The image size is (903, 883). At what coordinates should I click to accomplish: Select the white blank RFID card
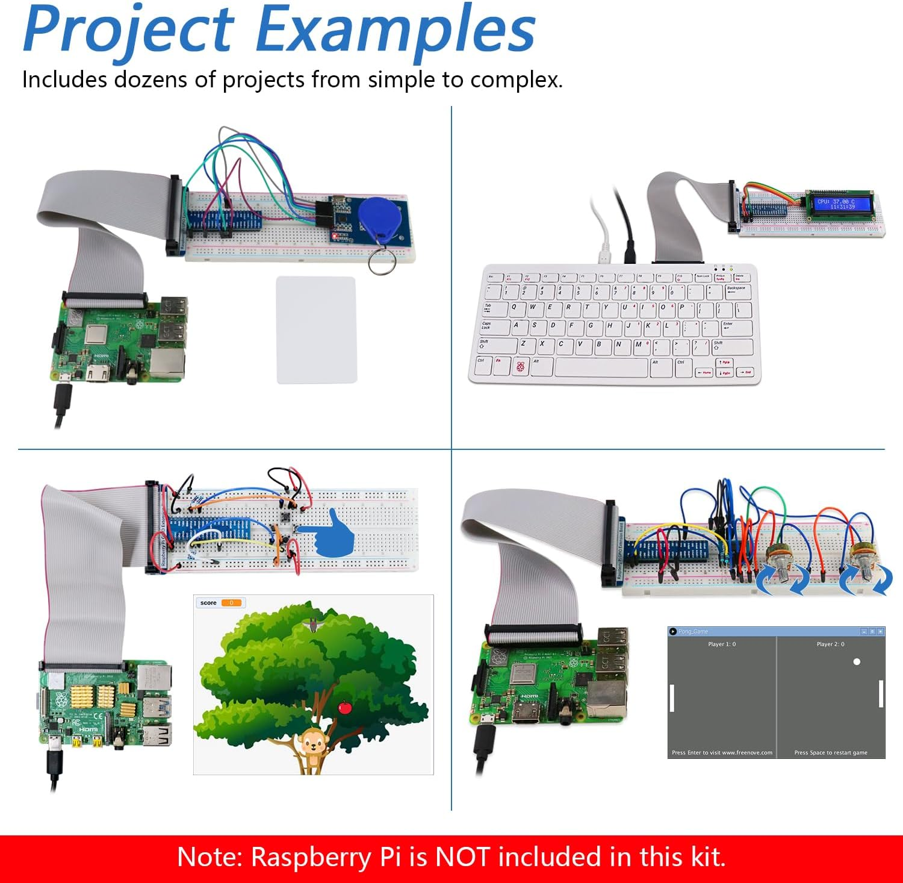[x=316, y=329]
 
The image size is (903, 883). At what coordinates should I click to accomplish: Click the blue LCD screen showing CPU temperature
[x=837, y=204]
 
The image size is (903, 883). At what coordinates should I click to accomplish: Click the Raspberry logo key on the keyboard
[x=520, y=366]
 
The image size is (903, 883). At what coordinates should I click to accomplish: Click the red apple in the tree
[x=345, y=707]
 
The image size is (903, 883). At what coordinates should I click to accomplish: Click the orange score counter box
[x=231, y=603]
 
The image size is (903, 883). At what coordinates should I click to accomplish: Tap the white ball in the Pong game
[x=857, y=661]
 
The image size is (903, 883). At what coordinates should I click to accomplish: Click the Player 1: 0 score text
[x=722, y=644]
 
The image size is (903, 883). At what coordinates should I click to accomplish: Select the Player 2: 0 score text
[x=830, y=644]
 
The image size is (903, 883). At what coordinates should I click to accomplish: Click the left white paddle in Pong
[x=672, y=697]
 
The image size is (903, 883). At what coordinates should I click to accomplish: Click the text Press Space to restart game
[x=831, y=753]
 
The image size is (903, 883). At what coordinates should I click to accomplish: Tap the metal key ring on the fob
[x=382, y=261]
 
